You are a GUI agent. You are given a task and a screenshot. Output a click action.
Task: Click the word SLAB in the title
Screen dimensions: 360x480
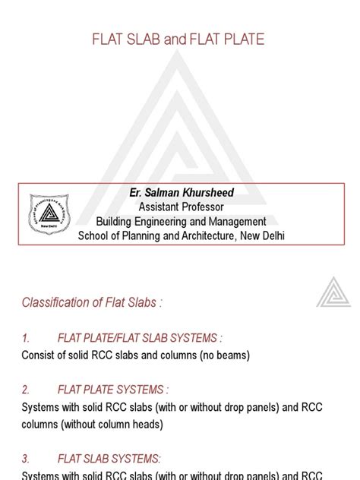pos(144,39)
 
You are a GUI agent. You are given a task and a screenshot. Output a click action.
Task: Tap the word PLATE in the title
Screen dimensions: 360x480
pos(242,39)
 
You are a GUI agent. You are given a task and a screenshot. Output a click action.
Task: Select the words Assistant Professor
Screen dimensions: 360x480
pos(181,207)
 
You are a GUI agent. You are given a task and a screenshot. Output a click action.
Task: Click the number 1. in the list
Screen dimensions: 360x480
pos(26,338)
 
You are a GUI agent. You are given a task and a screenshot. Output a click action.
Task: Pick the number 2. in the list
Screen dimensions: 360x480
pos(26,390)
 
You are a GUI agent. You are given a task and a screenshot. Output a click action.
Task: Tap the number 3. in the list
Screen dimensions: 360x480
pos(26,459)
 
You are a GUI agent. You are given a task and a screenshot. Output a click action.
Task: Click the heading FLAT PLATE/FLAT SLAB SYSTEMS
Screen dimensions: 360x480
pos(141,338)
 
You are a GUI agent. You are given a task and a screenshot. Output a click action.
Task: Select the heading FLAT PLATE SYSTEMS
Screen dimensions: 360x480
pos(113,390)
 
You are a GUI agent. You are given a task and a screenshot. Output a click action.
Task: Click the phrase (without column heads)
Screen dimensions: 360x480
pos(113,424)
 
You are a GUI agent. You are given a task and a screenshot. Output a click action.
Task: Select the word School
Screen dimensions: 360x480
pos(95,235)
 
